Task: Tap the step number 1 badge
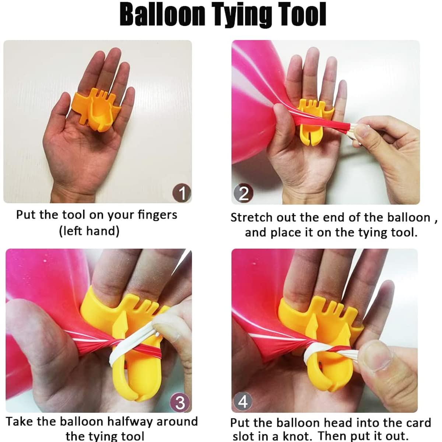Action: click(182, 193)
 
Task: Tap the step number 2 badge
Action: click(243, 194)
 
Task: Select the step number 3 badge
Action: click(180, 402)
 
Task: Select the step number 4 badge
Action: click(243, 401)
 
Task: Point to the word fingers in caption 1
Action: click(157, 215)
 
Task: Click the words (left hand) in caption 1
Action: click(90, 231)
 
